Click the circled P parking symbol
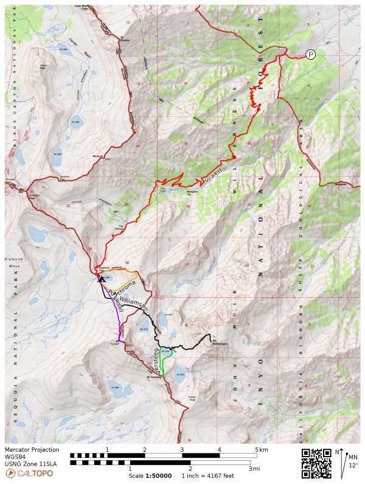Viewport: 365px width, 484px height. click(311, 54)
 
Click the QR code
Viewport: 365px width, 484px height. click(316, 464)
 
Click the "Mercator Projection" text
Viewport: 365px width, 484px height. click(32, 450)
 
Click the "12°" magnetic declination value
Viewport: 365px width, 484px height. click(353, 465)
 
